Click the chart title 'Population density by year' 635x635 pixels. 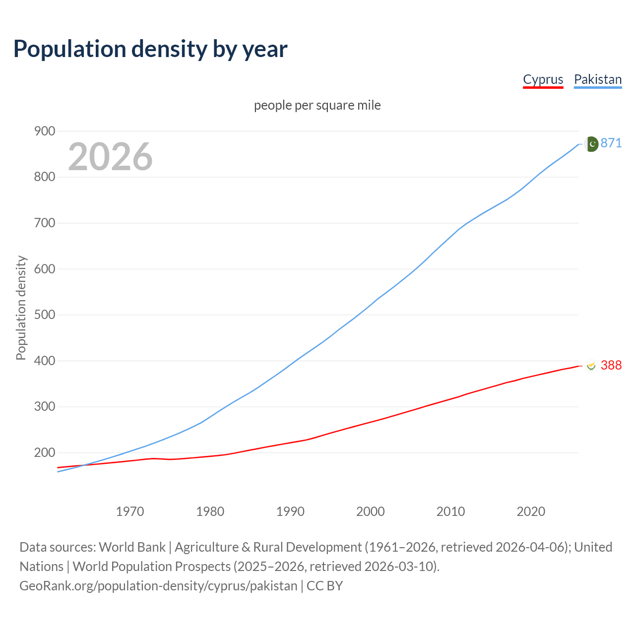tap(150, 49)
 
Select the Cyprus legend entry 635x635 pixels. tap(543, 79)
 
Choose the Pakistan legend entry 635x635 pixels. tap(597, 79)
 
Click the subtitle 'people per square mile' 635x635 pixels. tap(317, 106)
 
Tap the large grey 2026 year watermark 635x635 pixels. tap(110, 157)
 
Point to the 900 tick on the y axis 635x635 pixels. tap(44, 131)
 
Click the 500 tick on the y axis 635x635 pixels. tap(44, 315)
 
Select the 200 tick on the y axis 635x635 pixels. tap(44, 453)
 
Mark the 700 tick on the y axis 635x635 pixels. tap(44, 223)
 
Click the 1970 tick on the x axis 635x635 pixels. tap(130, 511)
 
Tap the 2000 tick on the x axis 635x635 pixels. tap(371, 511)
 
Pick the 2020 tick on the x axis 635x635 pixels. tap(531, 511)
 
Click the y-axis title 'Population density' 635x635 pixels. tap(21, 308)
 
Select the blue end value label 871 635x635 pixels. tap(611, 143)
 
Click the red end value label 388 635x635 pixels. tap(611, 366)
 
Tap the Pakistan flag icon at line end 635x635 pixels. tap(591, 144)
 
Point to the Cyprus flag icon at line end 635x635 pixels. tap(591, 366)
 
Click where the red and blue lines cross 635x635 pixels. tap(83, 465)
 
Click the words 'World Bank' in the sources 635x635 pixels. tap(132, 547)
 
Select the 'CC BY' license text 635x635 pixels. tap(324, 586)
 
